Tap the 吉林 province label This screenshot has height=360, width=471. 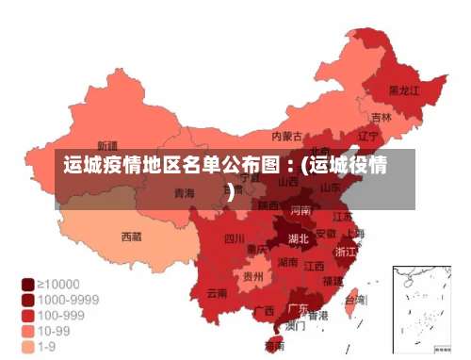click(x=381, y=118)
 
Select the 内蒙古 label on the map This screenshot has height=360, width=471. click(x=286, y=136)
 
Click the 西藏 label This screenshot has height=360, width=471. click(x=131, y=237)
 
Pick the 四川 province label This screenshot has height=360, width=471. click(x=234, y=238)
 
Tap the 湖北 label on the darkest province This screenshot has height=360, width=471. click(x=298, y=238)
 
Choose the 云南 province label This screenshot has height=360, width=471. click(x=218, y=293)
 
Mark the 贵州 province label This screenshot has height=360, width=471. click(x=252, y=277)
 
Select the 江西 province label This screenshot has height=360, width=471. click(x=315, y=266)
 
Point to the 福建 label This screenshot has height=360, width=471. click(x=333, y=281)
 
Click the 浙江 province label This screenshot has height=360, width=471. click(x=346, y=252)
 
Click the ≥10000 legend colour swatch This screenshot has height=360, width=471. click(x=28, y=283)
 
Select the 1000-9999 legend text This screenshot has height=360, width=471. click(x=69, y=300)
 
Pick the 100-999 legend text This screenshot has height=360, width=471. click(x=62, y=316)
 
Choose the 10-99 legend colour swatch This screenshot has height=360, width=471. click(x=28, y=332)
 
